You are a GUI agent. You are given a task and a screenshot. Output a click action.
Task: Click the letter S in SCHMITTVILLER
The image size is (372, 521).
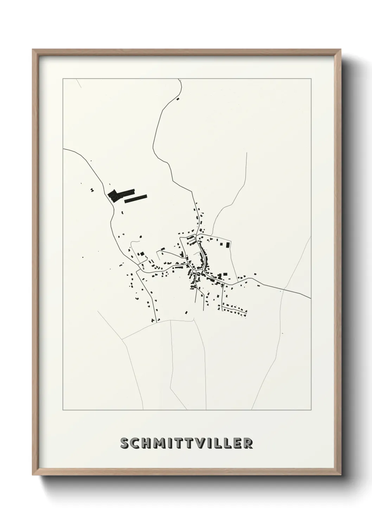pos(125,444)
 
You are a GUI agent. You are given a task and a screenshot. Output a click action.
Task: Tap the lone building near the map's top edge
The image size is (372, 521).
pos(178,99)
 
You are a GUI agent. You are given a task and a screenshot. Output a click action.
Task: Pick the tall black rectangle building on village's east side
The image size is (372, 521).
pos(227,244)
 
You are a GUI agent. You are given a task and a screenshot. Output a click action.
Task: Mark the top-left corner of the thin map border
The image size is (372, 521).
pos(63,79)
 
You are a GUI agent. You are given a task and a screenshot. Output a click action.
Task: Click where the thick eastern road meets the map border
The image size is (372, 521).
pos(310,299)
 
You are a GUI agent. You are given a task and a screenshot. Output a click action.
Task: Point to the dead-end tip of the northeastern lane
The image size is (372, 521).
pos(246,153)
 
